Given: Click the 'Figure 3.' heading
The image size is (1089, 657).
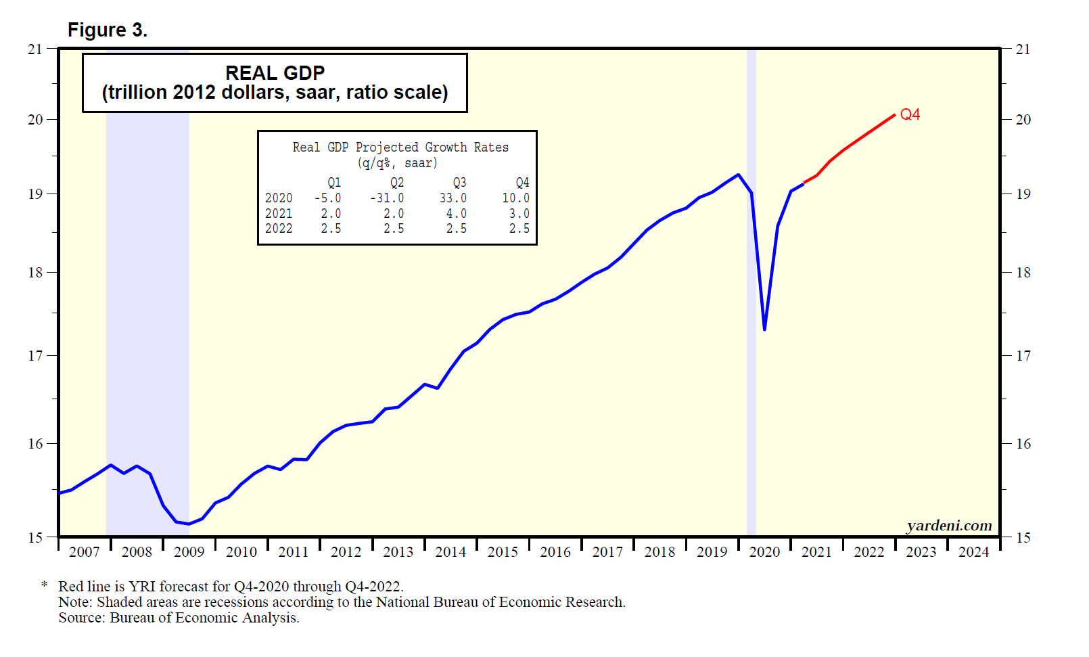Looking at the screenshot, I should tap(107, 30).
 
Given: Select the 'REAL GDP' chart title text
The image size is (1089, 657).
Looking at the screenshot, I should tap(275, 73).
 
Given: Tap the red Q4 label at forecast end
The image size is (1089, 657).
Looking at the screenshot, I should tap(910, 114).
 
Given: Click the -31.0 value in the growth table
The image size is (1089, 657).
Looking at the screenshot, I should tap(387, 198).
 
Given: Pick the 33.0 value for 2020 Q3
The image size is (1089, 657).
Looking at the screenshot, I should tap(453, 198).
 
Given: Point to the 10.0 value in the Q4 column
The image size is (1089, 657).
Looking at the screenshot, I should tap(515, 198).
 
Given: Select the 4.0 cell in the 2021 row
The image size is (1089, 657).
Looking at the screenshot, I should tap(456, 214).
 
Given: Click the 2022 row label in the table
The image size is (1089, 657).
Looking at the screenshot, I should tap(279, 229).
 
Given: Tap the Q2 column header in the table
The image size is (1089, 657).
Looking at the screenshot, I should tap(396, 183).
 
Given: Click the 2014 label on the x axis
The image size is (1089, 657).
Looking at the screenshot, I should tap(450, 552).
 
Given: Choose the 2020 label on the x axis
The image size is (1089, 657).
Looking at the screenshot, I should tap(764, 552).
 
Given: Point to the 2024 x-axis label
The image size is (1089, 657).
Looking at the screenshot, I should tap(973, 552).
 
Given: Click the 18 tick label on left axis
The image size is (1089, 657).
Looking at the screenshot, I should tap(35, 273).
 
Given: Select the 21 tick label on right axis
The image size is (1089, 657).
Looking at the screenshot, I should tap(1023, 49).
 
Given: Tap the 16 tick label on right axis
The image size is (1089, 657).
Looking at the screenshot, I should tap(1023, 444).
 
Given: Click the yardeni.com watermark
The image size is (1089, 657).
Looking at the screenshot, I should tap(949, 526).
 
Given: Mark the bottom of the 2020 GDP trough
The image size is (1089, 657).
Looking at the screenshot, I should tap(764, 330).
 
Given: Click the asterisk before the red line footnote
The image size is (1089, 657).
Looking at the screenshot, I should tap(45, 585).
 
